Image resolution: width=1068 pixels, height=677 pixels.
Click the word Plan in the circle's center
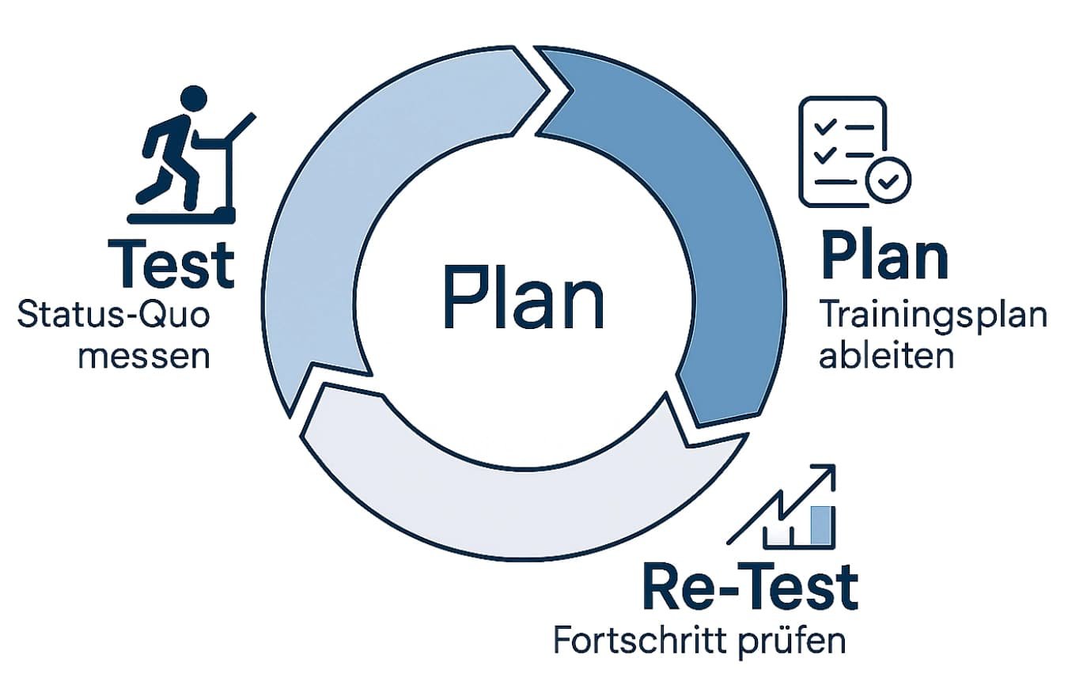tap(523, 298)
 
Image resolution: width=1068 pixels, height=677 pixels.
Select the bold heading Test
tap(171, 264)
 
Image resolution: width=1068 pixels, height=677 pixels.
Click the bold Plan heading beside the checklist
tap(884, 255)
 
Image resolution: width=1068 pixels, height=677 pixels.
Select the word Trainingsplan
tap(933, 316)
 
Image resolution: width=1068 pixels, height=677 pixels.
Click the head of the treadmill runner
tap(191, 100)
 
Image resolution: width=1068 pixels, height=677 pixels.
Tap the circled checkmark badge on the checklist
tap(888, 180)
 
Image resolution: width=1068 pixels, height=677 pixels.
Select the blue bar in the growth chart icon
tap(822, 526)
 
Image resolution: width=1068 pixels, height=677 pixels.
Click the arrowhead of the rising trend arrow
tap(827, 475)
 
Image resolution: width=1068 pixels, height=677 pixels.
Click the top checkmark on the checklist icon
tap(825, 127)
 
